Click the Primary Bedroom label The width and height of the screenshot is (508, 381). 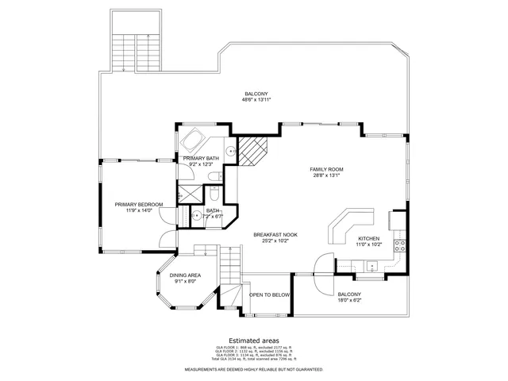(138, 205)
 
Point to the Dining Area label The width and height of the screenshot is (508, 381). (185, 275)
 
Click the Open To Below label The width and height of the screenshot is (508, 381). (270, 294)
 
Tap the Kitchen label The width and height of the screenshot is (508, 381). (369, 239)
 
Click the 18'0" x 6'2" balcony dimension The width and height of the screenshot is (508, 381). (349, 300)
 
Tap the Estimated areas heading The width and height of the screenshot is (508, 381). (253, 339)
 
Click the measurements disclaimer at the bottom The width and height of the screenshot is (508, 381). (253, 369)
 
